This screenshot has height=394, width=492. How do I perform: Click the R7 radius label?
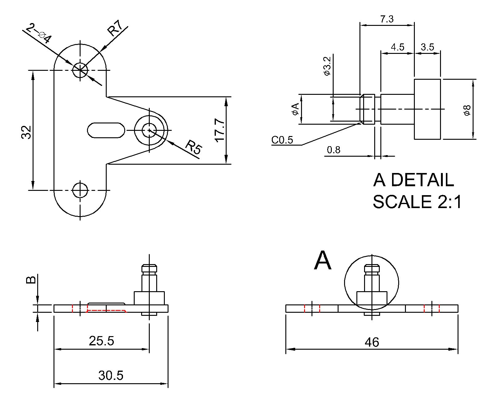point(115,29)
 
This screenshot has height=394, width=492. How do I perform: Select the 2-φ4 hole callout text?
point(39,34)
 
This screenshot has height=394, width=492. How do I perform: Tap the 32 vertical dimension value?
point(27,132)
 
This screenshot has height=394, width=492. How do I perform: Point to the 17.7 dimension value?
point(220,131)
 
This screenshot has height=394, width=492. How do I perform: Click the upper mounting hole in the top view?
point(80,70)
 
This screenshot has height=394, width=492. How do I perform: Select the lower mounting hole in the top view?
point(80,190)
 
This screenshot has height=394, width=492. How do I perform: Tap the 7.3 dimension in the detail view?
point(387,19)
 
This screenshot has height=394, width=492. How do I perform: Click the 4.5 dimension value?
point(397,47)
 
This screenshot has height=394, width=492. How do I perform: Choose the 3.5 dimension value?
point(427,47)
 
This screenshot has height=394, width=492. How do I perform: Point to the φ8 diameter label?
point(467,110)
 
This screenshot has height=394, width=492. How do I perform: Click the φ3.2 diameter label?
point(327,66)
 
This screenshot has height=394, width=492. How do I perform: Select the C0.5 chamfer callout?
point(282,140)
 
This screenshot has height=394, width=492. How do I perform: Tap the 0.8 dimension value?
point(334,150)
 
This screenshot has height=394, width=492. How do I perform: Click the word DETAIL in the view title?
point(422,180)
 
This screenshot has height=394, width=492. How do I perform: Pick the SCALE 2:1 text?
point(417,202)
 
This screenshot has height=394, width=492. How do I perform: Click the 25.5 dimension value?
point(101,341)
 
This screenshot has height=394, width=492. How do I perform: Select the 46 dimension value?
point(372,342)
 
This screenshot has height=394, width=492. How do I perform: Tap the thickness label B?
point(31,280)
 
